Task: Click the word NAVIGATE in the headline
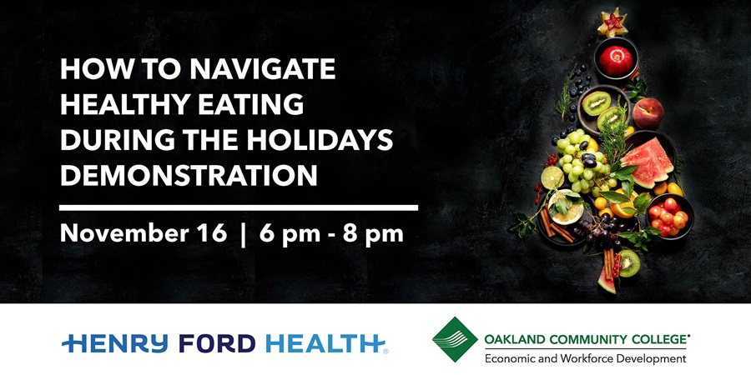[263, 69]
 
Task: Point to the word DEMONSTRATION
[189, 176]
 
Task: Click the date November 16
[144, 234]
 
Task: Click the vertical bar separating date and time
[244, 235]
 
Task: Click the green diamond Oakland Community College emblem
[455, 339]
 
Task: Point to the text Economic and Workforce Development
[585, 358]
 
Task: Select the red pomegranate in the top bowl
[616, 60]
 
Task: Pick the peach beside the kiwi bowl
[648, 112]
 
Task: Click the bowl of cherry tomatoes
[669, 216]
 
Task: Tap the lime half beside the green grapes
[552, 177]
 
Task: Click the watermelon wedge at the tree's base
[607, 282]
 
